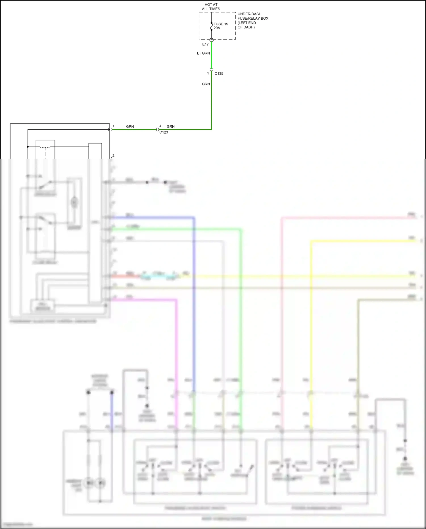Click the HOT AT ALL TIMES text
(211, 7)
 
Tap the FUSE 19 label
(221, 24)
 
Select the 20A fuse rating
(217, 28)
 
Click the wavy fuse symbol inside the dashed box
(212, 26)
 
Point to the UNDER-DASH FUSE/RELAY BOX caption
(252, 20)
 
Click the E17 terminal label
(205, 44)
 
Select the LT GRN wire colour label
(203, 53)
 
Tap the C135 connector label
(219, 74)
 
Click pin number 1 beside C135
(208, 73)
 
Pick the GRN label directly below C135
(206, 84)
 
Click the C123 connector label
(164, 132)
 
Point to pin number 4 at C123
(160, 126)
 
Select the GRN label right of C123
(170, 126)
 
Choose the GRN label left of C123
(130, 126)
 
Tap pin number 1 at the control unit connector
(113, 126)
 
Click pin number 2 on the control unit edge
(113, 156)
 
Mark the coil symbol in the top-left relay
(45, 147)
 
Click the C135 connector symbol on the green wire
(212, 69)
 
